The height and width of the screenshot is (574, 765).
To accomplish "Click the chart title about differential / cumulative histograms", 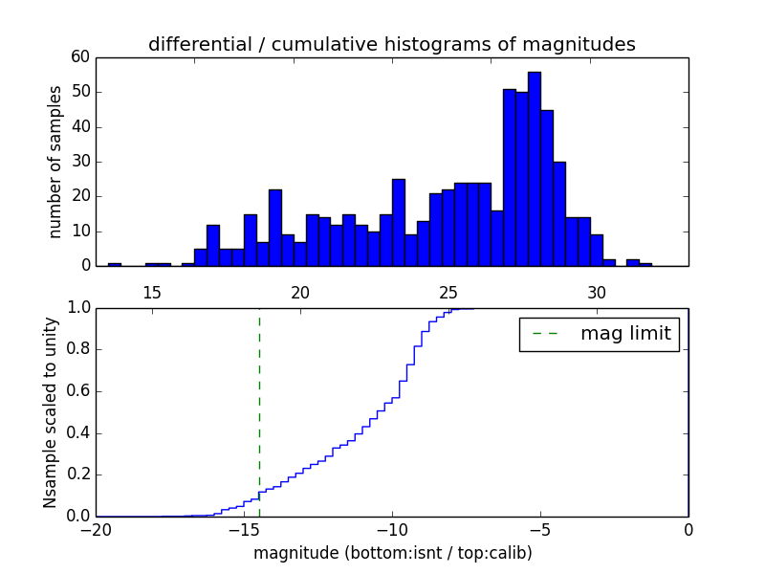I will pyautogui.click(x=392, y=44).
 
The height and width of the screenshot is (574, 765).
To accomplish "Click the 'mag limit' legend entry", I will pyautogui.click(x=599, y=334).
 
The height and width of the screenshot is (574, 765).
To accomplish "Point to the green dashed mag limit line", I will pyautogui.click(x=259, y=411).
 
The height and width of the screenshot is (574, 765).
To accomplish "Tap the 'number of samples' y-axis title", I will pyautogui.click(x=55, y=162).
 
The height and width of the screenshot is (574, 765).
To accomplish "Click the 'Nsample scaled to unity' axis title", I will pyautogui.click(x=51, y=411).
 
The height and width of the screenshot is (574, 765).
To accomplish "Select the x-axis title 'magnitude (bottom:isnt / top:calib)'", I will pyautogui.click(x=392, y=553).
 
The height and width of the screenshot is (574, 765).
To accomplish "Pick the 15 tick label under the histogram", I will pyautogui.click(x=151, y=292).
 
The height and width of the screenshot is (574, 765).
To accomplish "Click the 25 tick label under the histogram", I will pyautogui.click(x=448, y=292).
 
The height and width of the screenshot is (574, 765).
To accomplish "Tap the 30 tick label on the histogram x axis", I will pyautogui.click(x=597, y=292).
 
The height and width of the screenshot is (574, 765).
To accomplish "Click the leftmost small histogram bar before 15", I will pyautogui.click(x=115, y=264).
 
